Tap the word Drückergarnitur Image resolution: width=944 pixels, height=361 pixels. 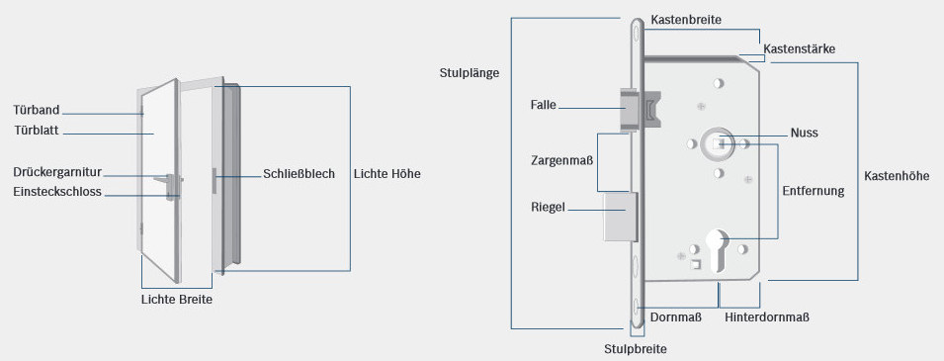pyautogui.click(x=58, y=172)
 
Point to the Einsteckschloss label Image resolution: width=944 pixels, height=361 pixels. pyautogui.click(x=57, y=192)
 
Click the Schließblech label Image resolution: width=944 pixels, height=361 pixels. pyautogui.click(x=300, y=173)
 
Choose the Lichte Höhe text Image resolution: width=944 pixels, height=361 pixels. pyautogui.click(x=386, y=173)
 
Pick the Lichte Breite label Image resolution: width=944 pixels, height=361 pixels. pyautogui.click(x=177, y=299)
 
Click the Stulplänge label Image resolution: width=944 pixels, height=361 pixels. pyautogui.click(x=470, y=72)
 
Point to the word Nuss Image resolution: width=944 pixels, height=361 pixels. pyautogui.click(x=805, y=133)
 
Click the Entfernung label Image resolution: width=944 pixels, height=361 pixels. pyautogui.click(x=814, y=191)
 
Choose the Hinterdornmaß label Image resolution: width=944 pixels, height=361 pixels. pyautogui.click(x=767, y=317)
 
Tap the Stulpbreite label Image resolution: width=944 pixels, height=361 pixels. pyautogui.click(x=636, y=349)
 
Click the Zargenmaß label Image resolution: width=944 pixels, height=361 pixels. pyautogui.click(x=560, y=158)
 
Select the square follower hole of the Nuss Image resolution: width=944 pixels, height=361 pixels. pyautogui.click(x=719, y=144)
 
